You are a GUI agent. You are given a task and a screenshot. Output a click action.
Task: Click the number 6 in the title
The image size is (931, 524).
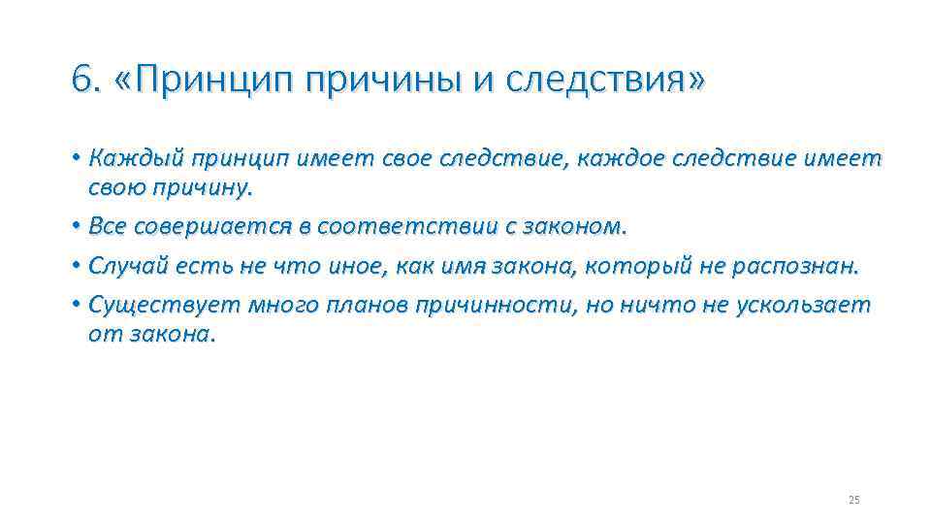[82, 80]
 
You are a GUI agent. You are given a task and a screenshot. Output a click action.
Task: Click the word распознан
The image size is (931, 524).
[801, 267]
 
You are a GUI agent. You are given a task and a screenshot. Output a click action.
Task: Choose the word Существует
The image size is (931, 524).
[164, 307]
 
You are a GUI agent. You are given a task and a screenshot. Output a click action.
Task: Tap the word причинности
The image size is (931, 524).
[494, 307]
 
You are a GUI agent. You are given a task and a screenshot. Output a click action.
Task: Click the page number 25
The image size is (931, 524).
[853, 500]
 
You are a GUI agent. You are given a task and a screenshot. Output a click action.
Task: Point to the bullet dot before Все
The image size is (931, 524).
[76, 227]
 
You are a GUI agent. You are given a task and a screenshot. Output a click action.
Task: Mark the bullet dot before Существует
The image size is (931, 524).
[76, 308]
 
